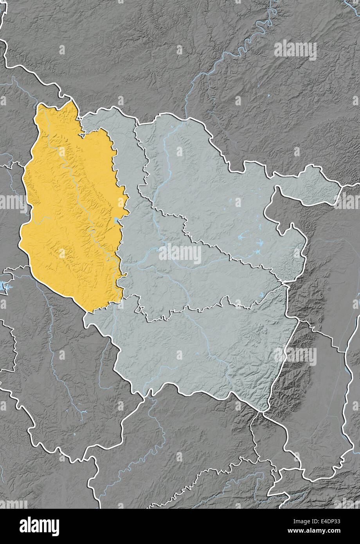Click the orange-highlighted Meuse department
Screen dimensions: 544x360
pos(70,211)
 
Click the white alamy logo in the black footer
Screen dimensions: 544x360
pos(39,526)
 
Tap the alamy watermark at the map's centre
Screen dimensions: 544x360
pos(180,254)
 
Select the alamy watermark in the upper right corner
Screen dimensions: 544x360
pos(295,50)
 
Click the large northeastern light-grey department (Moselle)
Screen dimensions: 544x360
pos(219,184)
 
